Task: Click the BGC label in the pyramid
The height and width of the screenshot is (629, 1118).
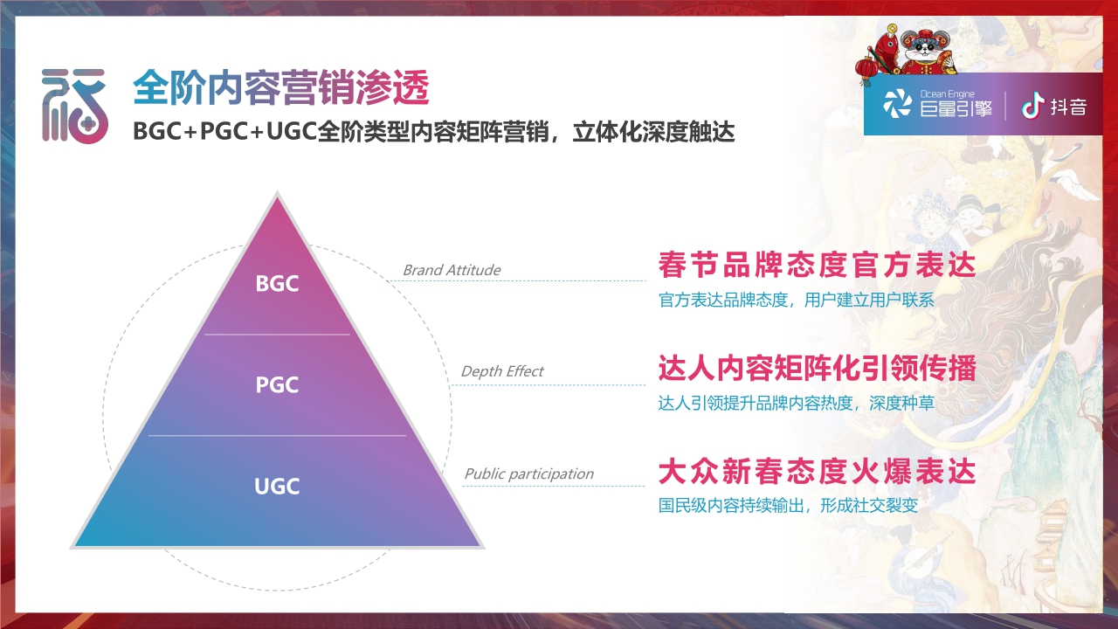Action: tap(277, 284)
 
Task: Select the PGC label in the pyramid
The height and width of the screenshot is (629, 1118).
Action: tap(277, 385)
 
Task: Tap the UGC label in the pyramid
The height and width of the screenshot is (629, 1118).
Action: tap(277, 487)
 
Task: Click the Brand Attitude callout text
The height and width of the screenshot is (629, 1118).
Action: tap(452, 270)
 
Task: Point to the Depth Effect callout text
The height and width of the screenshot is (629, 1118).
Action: tap(501, 371)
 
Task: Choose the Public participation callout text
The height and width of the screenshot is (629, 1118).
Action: tap(528, 473)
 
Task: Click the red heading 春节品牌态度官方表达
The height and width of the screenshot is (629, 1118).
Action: tap(816, 264)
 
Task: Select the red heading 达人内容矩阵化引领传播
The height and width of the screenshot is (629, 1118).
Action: tap(816, 369)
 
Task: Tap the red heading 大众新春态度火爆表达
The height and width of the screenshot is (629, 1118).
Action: tap(816, 472)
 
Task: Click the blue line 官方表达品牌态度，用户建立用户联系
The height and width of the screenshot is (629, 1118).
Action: tap(796, 301)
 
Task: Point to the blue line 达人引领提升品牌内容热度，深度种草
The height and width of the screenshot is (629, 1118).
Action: tap(796, 404)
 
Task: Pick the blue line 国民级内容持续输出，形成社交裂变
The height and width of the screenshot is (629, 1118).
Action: tap(788, 506)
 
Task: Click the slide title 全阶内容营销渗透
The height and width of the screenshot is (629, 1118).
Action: tap(281, 88)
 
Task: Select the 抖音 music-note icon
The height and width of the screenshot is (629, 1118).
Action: tap(1033, 107)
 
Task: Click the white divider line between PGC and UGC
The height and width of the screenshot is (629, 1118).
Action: tap(277, 435)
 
